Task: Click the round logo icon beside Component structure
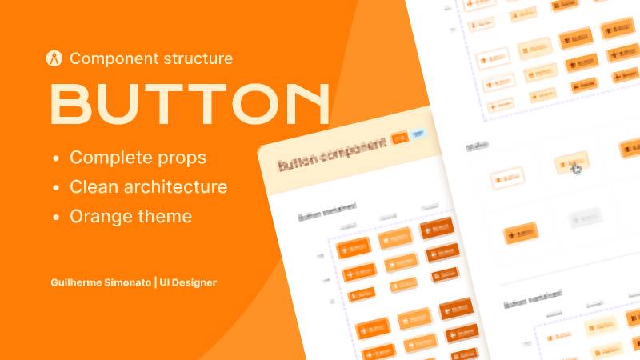pyautogui.click(x=55, y=58)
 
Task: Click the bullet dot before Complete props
pyautogui.click(x=55, y=158)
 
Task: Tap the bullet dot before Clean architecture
pyautogui.click(x=55, y=188)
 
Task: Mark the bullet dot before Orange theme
pyautogui.click(x=55, y=218)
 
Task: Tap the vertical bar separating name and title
pyautogui.click(x=156, y=282)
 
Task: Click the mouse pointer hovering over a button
pyautogui.click(x=576, y=168)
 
